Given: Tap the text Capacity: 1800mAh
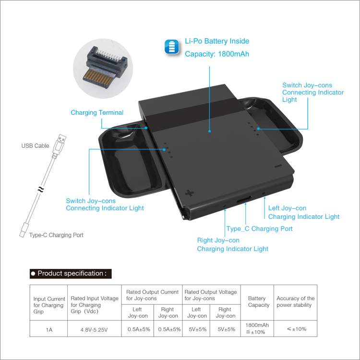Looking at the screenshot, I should click(217, 54).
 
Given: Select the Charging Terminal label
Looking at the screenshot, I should click(97, 113).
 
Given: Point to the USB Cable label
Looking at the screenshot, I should click(35, 145).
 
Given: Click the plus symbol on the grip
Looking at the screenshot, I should click(190, 193).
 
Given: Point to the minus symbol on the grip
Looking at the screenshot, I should click(278, 167).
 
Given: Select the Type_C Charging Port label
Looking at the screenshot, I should click(259, 228).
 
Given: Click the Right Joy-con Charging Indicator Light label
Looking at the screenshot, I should click(232, 244).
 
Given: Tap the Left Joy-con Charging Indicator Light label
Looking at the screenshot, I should click(303, 212).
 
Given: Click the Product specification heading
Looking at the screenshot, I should click(71, 274).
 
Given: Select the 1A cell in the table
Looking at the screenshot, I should click(48, 329).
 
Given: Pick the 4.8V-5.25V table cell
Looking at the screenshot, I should click(94, 329).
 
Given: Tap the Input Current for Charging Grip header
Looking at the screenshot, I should click(48, 305).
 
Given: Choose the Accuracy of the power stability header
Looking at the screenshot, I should click(296, 302).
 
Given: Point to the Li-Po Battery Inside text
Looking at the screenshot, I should click(217, 41).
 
